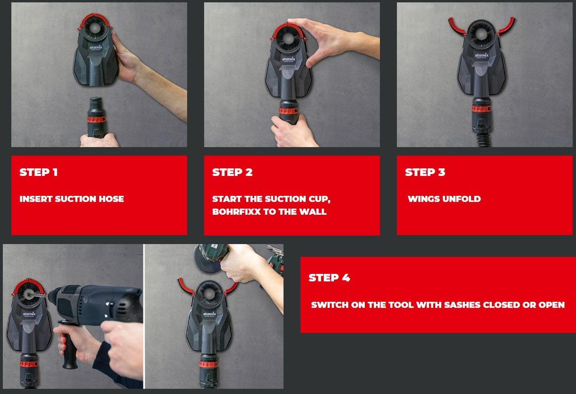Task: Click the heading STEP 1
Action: pyautogui.click(x=39, y=172)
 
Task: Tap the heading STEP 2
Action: pyautogui.click(x=232, y=172)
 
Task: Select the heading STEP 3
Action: pyautogui.click(x=425, y=172)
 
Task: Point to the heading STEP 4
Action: pyautogui.click(x=329, y=278)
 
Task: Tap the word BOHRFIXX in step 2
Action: pyautogui.click(x=236, y=211)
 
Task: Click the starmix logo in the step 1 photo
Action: pyautogui.click(x=96, y=48)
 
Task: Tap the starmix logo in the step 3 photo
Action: pyautogui.click(x=481, y=56)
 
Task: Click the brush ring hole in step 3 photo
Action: pyautogui.click(x=481, y=34)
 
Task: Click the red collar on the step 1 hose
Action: pyautogui.click(x=96, y=120)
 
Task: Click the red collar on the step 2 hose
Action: pyautogui.click(x=288, y=111)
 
